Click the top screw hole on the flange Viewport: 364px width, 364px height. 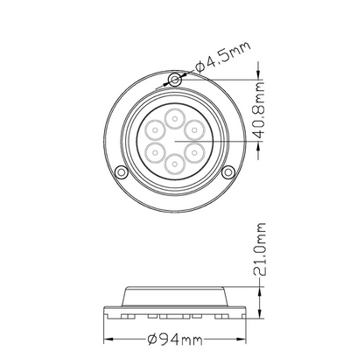click(x=175, y=80)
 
